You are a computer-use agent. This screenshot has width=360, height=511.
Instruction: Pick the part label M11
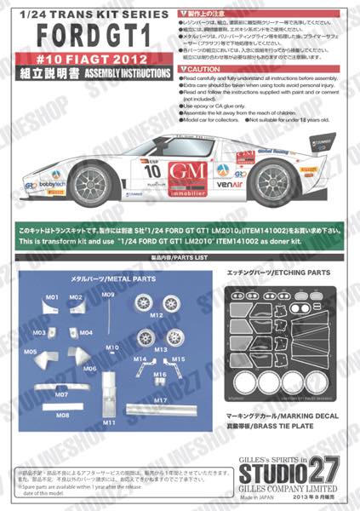(109, 422)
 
